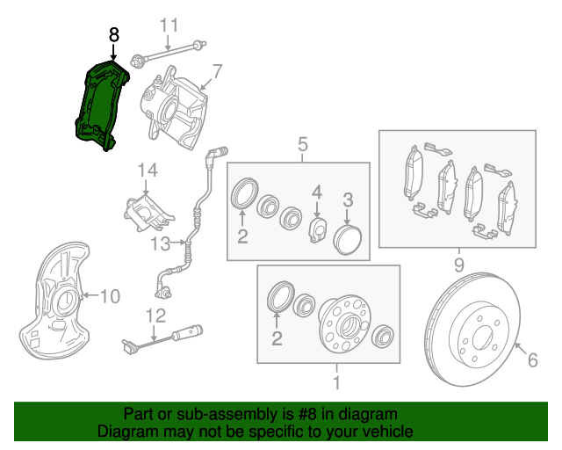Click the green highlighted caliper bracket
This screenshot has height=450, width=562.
(99, 101)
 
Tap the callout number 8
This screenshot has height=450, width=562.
(113, 34)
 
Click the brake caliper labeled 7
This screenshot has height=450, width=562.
(180, 110)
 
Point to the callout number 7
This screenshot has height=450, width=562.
(216, 70)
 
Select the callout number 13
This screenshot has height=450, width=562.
(161, 243)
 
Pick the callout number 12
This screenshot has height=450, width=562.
(155, 315)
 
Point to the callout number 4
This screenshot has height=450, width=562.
(317, 192)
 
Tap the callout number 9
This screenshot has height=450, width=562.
(458, 264)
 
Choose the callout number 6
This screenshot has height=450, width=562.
(531, 359)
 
